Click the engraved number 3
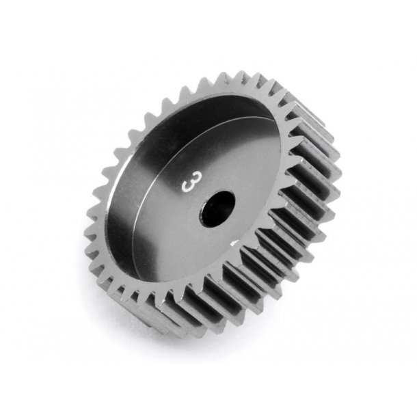pyautogui.click(x=185, y=184)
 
